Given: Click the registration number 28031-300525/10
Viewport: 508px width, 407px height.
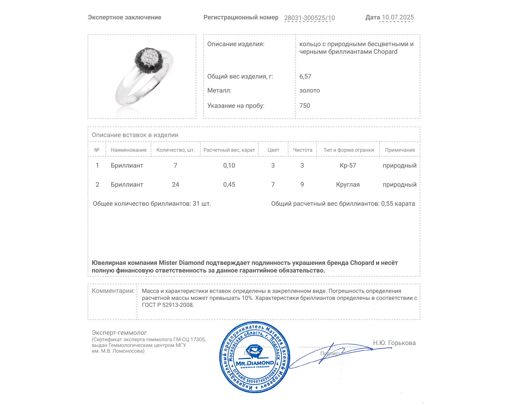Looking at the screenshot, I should coord(309,18).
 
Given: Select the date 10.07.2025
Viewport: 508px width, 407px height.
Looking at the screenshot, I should coord(398,17).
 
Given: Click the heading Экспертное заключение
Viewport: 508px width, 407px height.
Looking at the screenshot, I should coord(124,17).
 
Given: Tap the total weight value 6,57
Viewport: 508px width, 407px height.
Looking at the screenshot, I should coord(305,76).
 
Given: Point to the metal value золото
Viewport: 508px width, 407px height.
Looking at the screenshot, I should coord(310,90).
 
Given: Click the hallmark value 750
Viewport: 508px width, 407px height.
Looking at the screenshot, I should coord(304,106).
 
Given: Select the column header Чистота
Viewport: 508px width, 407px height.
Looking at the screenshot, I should coord(302,150).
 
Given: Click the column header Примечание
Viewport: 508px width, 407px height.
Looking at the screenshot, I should coord(400,150).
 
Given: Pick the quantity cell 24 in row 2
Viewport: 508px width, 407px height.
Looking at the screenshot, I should coord(175,184).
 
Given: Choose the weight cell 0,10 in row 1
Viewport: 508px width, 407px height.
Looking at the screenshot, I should coord(229,165).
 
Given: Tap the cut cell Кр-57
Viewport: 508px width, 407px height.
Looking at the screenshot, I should coord(348,165).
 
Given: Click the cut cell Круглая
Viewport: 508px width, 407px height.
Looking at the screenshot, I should coord(348,184).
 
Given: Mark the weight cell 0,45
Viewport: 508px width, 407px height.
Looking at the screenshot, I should coord(229,184).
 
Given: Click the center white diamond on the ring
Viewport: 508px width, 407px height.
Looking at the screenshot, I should coord(149,57).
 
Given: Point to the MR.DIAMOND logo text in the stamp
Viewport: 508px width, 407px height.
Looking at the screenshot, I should coord(255,363).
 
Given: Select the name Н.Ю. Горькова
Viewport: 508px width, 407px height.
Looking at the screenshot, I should coord(394,343).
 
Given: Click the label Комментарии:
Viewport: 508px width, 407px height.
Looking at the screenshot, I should coord(113,291).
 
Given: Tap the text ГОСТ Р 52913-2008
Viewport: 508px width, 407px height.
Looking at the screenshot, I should coord(168,305).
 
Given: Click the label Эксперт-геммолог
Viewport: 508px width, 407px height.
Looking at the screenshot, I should coord(119,333).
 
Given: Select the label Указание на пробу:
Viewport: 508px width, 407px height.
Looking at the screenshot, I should coord(236,106).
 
